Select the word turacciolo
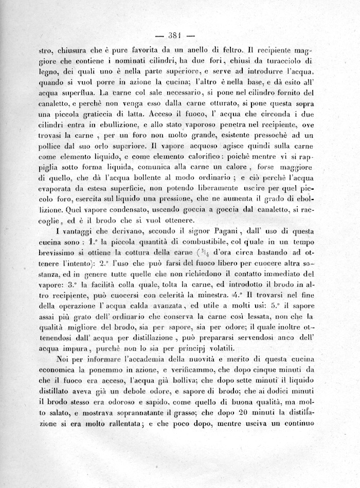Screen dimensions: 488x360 coord(295,62)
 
